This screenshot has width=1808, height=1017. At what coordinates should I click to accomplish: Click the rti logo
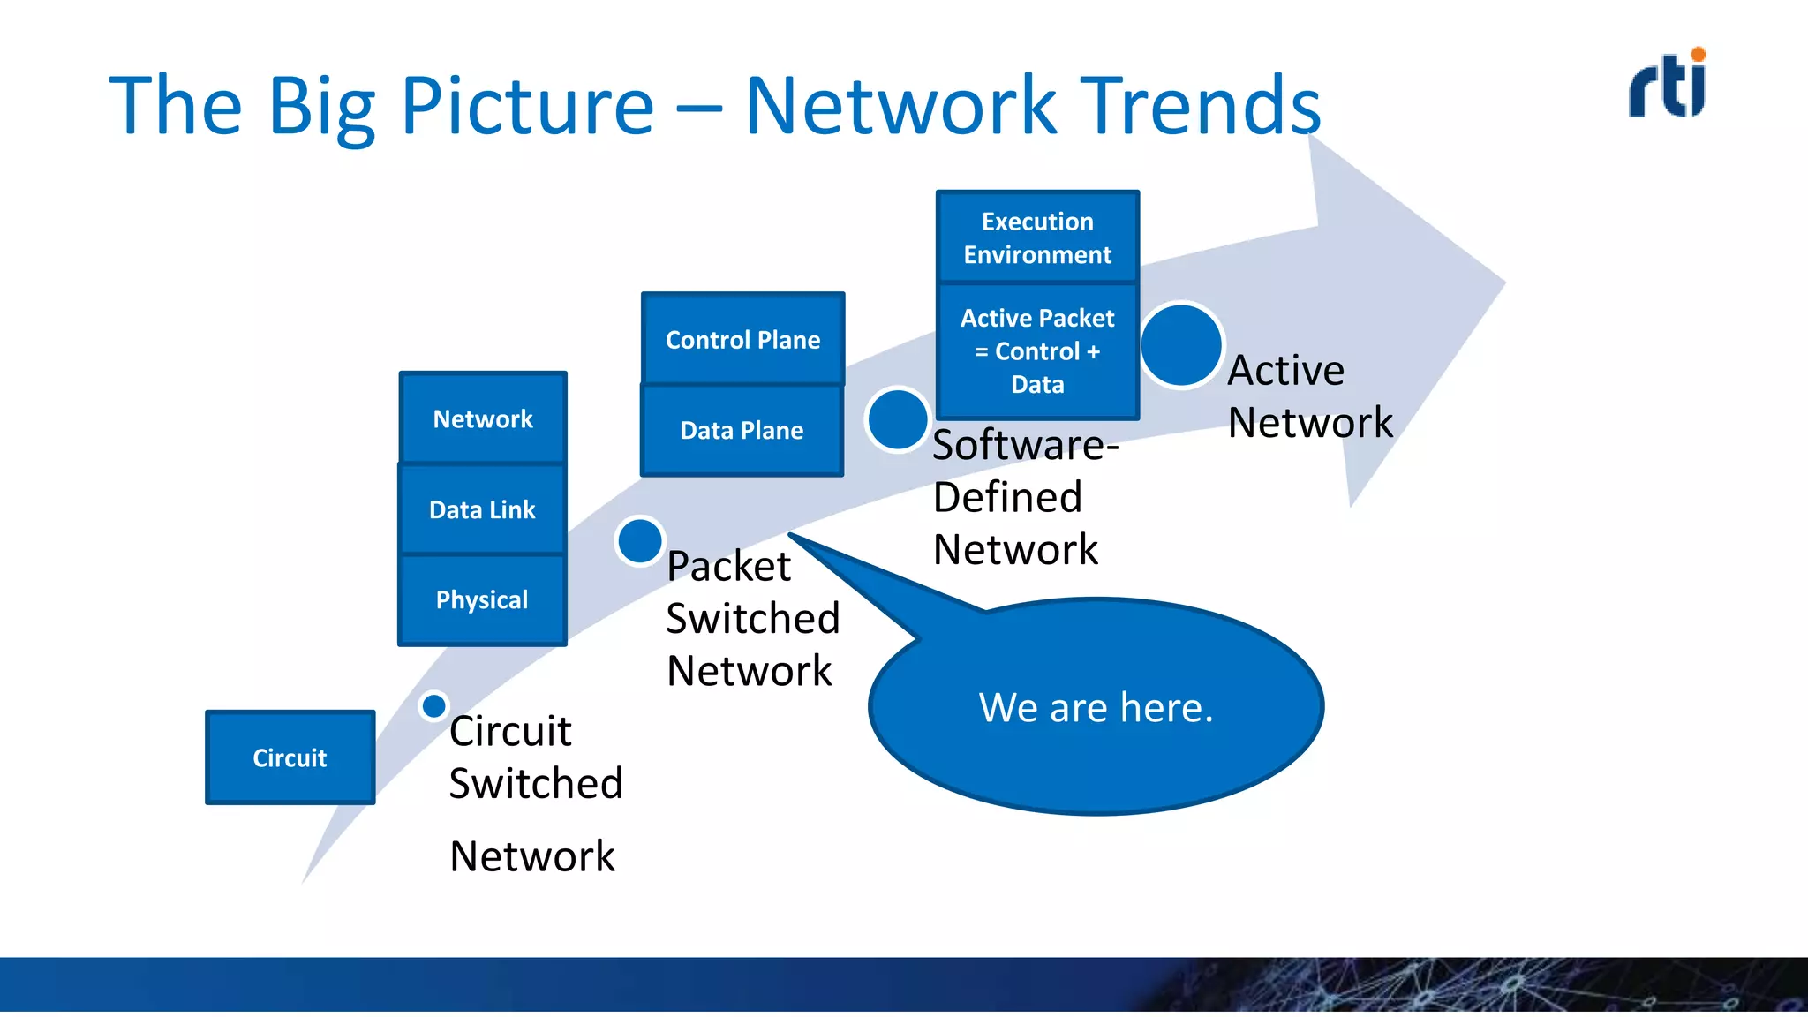point(1667,86)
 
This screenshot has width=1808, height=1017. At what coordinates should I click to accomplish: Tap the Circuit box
point(290,757)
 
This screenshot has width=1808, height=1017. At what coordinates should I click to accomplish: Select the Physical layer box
point(482,599)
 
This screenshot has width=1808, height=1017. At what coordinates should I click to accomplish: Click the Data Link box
point(482,509)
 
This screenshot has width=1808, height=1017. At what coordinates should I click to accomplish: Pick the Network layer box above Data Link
point(482,418)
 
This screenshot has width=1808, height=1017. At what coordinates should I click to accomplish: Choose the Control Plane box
point(742,339)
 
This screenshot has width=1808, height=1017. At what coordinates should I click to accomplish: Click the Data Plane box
point(742,430)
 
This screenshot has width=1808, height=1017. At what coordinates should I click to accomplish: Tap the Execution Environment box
point(1037,237)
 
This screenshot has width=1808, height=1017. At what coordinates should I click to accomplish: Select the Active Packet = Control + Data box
point(1037,350)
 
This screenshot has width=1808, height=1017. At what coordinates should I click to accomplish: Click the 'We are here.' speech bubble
point(1096,707)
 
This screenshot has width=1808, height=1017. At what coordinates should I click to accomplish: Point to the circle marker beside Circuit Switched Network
point(433,706)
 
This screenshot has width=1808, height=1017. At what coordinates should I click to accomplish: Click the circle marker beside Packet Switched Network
point(640,540)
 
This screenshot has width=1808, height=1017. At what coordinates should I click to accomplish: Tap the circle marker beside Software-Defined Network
point(897,419)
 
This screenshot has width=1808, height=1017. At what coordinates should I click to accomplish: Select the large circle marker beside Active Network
point(1181,345)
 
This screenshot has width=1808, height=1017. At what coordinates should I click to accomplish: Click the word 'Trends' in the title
point(1201,106)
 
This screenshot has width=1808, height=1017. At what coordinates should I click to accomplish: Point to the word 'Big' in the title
point(321,106)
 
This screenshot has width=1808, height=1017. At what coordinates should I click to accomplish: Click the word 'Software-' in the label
point(1025,444)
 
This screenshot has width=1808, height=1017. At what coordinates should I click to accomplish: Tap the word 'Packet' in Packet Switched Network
point(728,566)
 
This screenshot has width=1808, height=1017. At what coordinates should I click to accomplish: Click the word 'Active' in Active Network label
point(1286,370)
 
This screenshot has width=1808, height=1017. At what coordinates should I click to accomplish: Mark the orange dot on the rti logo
point(1699,55)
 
